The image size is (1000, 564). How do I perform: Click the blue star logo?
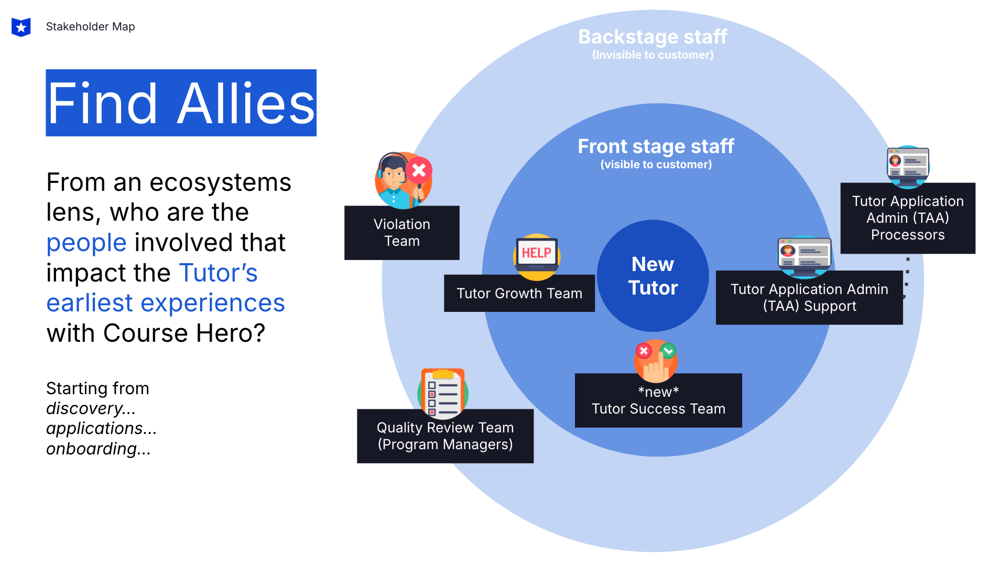pyautogui.click(x=21, y=27)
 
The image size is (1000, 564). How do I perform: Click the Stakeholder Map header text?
pyautogui.click(x=90, y=27)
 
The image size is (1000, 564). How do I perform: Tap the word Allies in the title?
pyautogui.click(x=246, y=103)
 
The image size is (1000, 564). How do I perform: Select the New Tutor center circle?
pyautogui.click(x=653, y=276)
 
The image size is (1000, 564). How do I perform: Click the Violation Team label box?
pyautogui.click(x=401, y=233)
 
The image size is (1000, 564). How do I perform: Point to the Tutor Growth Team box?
pyautogui.click(x=519, y=294)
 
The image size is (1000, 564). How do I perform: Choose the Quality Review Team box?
pyautogui.click(x=445, y=436)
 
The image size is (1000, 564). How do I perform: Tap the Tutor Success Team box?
pyautogui.click(x=658, y=401)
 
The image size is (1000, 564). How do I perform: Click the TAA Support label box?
pyautogui.click(x=809, y=298)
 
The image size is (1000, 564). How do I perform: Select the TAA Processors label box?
pyautogui.click(x=907, y=218)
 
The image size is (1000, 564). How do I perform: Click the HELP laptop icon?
pyautogui.click(x=536, y=255)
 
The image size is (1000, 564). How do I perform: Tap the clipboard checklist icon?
pyautogui.click(x=443, y=393)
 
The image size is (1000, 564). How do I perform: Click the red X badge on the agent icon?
pyautogui.click(x=419, y=170)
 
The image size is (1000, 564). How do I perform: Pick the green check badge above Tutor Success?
pyautogui.click(x=668, y=350)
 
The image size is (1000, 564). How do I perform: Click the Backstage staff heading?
pyautogui.click(x=653, y=37)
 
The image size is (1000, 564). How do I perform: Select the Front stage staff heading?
pyautogui.click(x=656, y=147)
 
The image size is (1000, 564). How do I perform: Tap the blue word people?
pyautogui.click(x=86, y=243)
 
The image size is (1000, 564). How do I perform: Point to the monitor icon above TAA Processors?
pyautogui.click(x=908, y=166)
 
